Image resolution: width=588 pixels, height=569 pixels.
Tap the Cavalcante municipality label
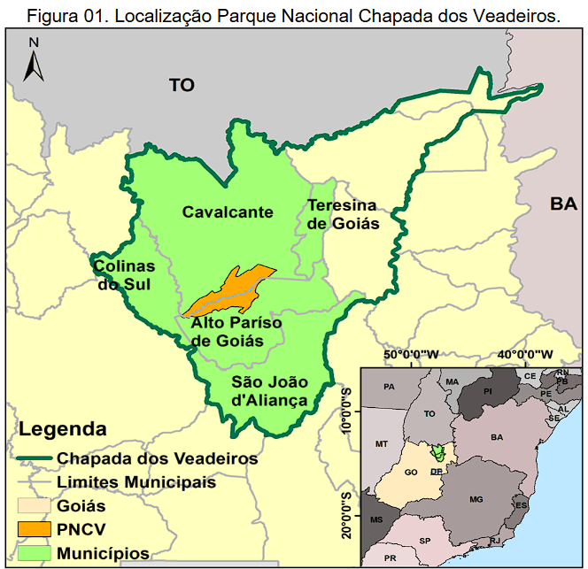228,212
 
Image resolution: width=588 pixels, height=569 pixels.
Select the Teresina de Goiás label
343,214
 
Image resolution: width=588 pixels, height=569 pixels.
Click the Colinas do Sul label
123,275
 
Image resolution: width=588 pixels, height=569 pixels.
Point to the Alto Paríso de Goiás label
236,332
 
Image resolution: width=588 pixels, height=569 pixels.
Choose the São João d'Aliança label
269,391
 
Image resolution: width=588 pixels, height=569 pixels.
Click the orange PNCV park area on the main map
231,288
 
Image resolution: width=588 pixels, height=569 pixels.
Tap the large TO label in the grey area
182,85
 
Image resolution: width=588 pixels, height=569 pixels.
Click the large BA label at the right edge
562,204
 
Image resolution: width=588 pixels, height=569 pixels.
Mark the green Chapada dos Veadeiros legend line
35,459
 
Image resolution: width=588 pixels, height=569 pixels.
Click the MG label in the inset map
476,501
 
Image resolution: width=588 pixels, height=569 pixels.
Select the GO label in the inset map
410,473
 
